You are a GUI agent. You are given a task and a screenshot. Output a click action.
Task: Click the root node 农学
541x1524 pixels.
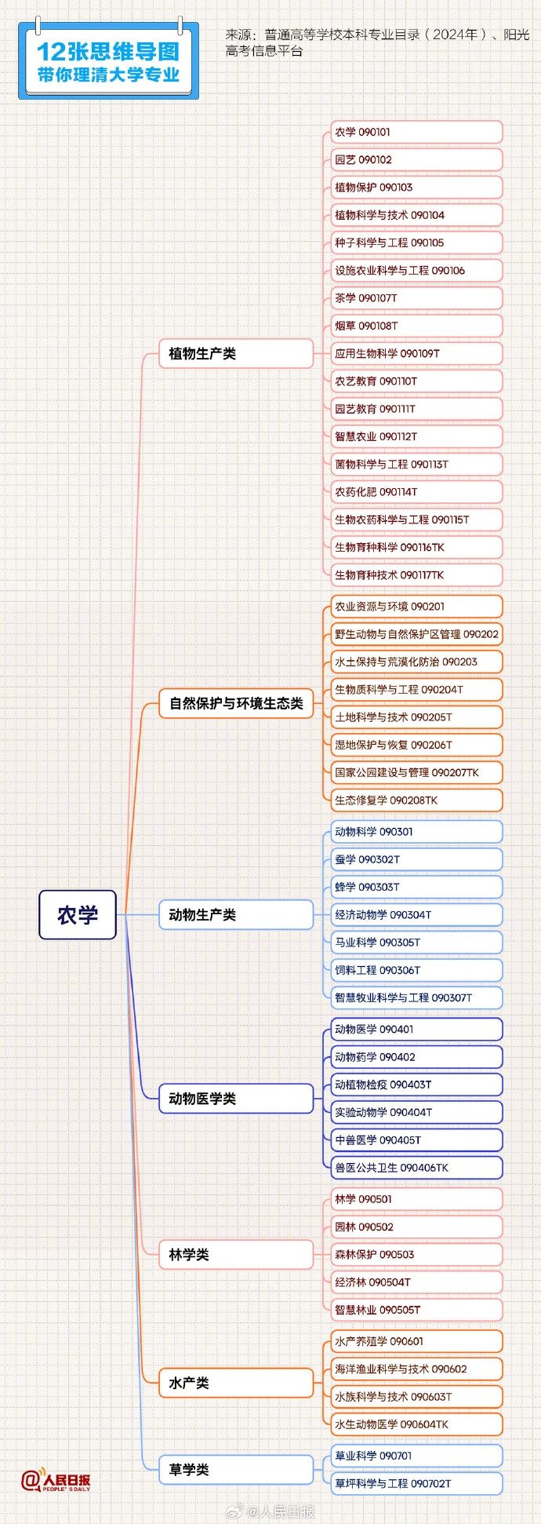tap(78, 914)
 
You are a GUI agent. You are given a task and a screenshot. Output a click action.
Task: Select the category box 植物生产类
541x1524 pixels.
tap(235, 354)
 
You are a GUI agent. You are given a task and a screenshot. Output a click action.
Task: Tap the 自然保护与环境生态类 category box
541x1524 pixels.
tap(235, 703)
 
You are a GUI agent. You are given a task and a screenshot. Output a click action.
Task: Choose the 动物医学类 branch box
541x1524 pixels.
tap(235, 1099)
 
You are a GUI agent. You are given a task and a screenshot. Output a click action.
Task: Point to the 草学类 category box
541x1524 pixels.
tap(235, 1470)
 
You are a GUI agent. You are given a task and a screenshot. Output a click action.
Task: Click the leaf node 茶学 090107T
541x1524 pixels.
tap(413, 298)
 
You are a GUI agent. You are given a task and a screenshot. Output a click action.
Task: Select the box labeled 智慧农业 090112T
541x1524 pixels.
tap(413, 436)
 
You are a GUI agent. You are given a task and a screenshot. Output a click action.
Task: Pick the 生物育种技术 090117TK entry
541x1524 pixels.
tap(413, 574)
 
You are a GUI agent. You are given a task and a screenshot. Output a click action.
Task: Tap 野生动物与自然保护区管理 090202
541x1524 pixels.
tap(413, 634)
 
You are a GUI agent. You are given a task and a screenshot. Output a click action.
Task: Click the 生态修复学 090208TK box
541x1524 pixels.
tap(413, 800)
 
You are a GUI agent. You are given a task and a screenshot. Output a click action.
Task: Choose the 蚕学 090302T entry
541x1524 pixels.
tap(413, 859)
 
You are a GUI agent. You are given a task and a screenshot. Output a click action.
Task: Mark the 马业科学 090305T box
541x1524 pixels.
tap(413, 942)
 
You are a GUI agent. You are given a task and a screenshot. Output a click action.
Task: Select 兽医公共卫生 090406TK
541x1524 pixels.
tap(413, 1168)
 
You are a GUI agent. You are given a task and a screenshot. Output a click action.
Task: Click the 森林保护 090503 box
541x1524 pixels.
tap(413, 1254)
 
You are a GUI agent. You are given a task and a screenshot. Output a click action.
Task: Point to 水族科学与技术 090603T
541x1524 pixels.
tap(413, 1397)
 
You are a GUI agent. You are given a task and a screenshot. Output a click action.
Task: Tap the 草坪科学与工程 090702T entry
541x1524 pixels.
tap(413, 1483)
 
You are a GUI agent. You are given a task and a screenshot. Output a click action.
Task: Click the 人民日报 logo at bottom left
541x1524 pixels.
tap(56, 1481)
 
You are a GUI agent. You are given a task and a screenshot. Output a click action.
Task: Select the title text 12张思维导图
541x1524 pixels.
tap(108, 52)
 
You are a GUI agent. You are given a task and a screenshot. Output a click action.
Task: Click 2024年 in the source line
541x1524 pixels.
tap(454, 35)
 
